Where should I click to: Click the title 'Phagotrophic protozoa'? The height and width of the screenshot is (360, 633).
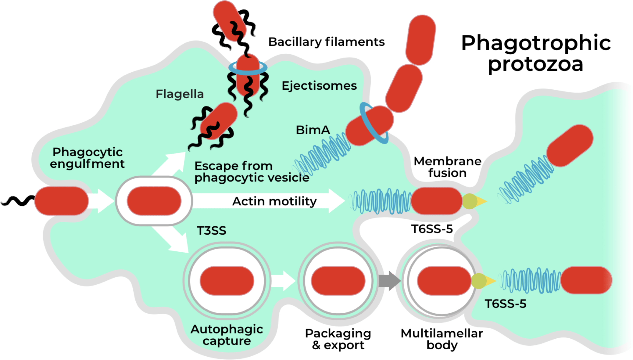536,53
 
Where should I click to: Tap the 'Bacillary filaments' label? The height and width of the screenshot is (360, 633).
326,42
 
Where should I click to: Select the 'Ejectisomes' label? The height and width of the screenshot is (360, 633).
319,86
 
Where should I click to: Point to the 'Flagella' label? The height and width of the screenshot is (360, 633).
180,94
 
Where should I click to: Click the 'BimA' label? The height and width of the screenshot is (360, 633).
313,130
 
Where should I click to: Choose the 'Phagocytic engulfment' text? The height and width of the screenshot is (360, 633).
87,158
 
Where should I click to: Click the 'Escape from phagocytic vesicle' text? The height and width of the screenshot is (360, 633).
252,171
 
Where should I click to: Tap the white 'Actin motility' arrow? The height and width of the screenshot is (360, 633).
268,201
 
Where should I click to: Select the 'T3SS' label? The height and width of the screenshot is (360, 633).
211,231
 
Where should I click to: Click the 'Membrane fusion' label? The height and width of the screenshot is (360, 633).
447,167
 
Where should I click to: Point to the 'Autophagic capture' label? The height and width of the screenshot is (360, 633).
227,335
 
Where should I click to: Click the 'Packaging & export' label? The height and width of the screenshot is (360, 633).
338,339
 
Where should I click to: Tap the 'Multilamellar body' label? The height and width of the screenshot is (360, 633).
442,339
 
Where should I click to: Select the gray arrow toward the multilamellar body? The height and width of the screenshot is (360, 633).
389,280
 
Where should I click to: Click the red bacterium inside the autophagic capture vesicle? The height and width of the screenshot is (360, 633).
227,281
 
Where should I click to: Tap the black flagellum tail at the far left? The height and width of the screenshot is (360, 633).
17,201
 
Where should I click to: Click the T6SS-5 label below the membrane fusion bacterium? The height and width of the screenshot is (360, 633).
431,229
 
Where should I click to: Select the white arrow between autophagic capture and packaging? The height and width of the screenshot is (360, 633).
283,280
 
